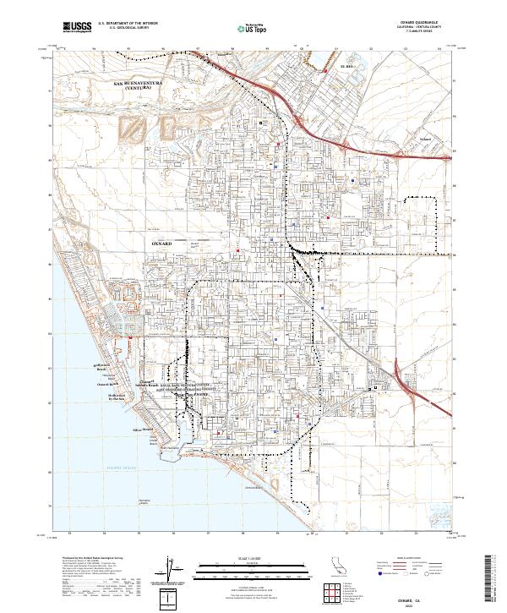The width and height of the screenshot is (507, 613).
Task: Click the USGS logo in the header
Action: pos(77,27)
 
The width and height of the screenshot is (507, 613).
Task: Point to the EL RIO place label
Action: pos(344,65)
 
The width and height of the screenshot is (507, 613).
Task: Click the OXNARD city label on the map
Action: pos(161,243)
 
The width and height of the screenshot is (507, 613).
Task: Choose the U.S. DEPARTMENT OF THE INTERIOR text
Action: pos(125,24)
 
